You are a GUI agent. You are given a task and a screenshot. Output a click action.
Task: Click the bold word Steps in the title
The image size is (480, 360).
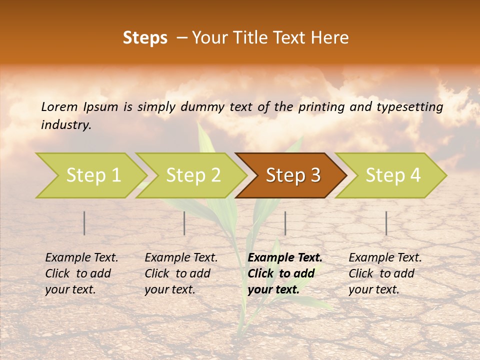click(145, 38)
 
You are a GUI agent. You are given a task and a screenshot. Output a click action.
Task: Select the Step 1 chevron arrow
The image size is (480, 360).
click(90, 175)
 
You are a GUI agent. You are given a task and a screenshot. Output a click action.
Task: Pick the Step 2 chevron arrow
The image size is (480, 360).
click(191, 175)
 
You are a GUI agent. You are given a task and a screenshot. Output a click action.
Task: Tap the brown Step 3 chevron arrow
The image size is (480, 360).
click(291, 175)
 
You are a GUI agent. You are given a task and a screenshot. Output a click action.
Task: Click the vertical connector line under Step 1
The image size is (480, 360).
click(84, 223)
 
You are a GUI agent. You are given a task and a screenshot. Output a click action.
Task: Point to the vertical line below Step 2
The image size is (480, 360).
click(184, 223)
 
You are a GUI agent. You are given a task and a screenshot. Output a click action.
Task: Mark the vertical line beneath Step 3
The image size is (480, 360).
click(285, 223)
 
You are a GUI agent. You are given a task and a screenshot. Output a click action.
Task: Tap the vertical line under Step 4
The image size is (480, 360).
click(386, 223)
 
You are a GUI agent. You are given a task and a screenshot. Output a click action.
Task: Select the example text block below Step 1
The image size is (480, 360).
click(81, 273)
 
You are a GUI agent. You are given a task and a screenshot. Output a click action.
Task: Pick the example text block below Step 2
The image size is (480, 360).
click(181, 273)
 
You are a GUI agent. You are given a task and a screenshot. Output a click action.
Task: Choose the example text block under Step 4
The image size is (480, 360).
click(385, 273)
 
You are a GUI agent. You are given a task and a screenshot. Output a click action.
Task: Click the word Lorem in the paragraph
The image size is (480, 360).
click(59, 107)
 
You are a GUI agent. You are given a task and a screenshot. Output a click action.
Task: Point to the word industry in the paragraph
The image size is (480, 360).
click(65, 125)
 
